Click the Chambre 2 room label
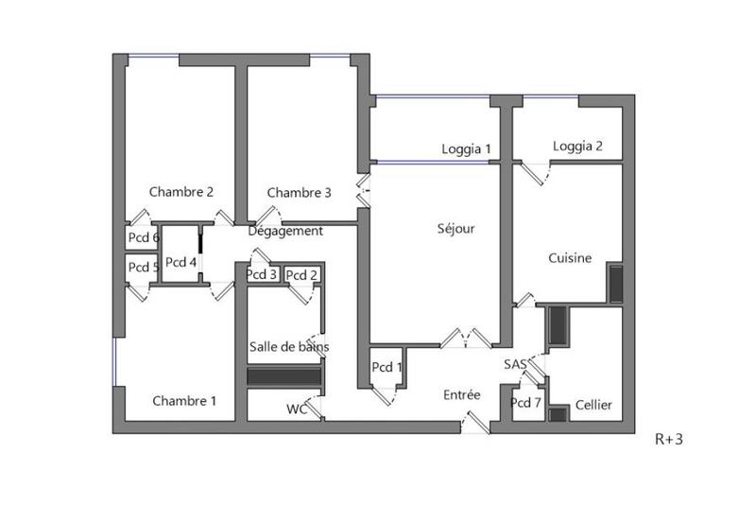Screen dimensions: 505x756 pyautogui.click(x=180, y=192)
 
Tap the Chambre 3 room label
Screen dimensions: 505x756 pyautogui.click(x=299, y=193)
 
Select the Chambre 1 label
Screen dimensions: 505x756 pyautogui.click(x=184, y=401)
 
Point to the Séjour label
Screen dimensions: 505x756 pyautogui.click(x=455, y=228)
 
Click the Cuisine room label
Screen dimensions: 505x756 pyautogui.click(x=570, y=257)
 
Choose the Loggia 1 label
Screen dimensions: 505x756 pyautogui.click(x=467, y=148)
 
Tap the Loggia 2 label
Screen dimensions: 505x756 pyautogui.click(x=577, y=146)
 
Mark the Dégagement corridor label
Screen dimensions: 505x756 pyautogui.click(x=285, y=231)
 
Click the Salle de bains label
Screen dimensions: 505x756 pyautogui.click(x=289, y=347)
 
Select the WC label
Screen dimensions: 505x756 pyautogui.click(x=298, y=409)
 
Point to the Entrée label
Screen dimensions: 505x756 pyautogui.click(x=461, y=394)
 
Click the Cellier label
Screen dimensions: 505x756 pyautogui.click(x=593, y=405)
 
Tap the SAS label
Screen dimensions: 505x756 pyautogui.click(x=515, y=364)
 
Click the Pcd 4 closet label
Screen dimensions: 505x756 pyautogui.click(x=180, y=262)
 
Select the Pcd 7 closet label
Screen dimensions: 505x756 pyautogui.click(x=525, y=403)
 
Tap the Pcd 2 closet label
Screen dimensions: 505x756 pyautogui.click(x=301, y=275)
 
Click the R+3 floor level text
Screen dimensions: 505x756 pyautogui.click(x=669, y=439)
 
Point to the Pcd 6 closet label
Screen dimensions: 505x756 pyautogui.click(x=143, y=237)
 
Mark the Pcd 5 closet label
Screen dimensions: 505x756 pyautogui.click(x=143, y=267)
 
